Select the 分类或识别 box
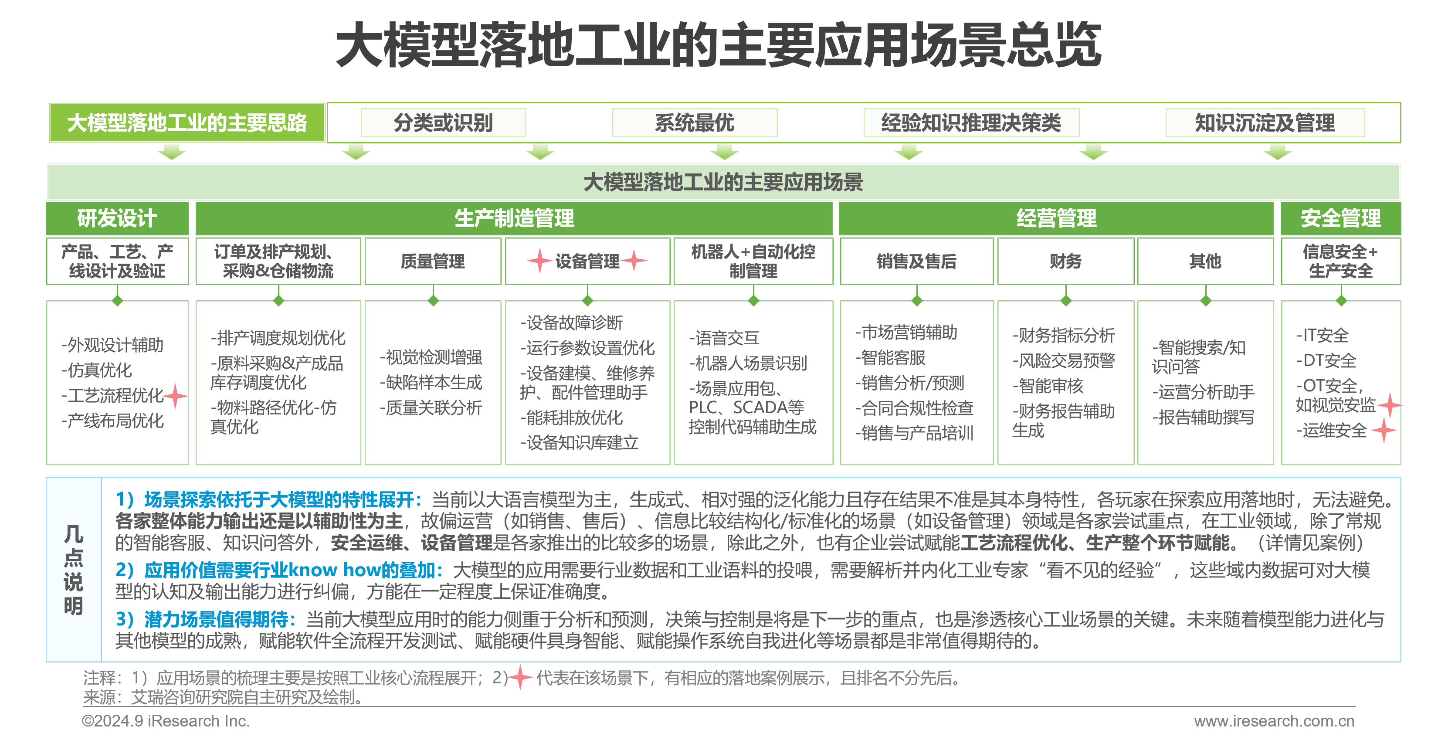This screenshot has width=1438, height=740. tap(443, 123)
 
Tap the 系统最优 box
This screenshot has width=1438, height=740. tap(695, 123)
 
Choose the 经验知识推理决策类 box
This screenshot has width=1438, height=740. tap(971, 123)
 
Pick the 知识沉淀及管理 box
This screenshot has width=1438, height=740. tap(1265, 123)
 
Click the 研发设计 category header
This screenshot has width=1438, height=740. tap(117, 218)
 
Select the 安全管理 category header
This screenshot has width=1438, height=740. tap(1340, 218)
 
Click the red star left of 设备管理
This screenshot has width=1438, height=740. tap(540, 260)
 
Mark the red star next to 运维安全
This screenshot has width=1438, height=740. tap(1384, 431)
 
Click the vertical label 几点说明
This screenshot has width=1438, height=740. tap(74, 570)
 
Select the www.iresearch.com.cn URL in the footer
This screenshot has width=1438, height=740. tap(1274, 721)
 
